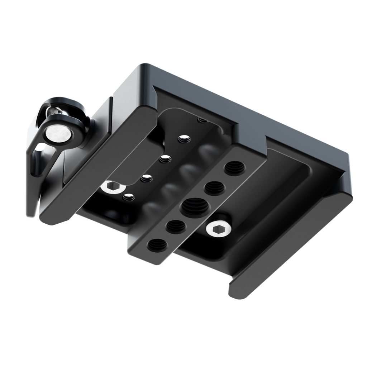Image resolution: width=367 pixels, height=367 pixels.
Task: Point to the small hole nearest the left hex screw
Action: click(x=128, y=196)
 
